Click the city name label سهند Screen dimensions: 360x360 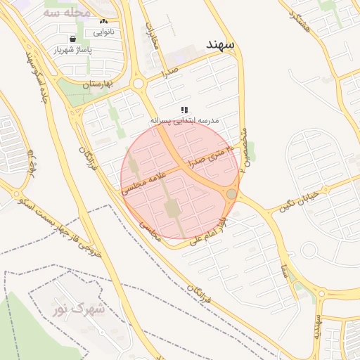tap(221, 44)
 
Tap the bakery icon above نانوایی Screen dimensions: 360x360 tap(104, 22)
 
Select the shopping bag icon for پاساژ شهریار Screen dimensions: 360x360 tap(73, 39)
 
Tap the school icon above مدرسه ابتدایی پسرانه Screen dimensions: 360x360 tap(184, 110)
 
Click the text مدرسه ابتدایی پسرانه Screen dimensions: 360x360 tap(184, 121)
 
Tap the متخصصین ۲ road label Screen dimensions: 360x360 tap(243, 149)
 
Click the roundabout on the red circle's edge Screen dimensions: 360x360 tap(231, 193)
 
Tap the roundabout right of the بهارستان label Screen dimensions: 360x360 tap(139, 84)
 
